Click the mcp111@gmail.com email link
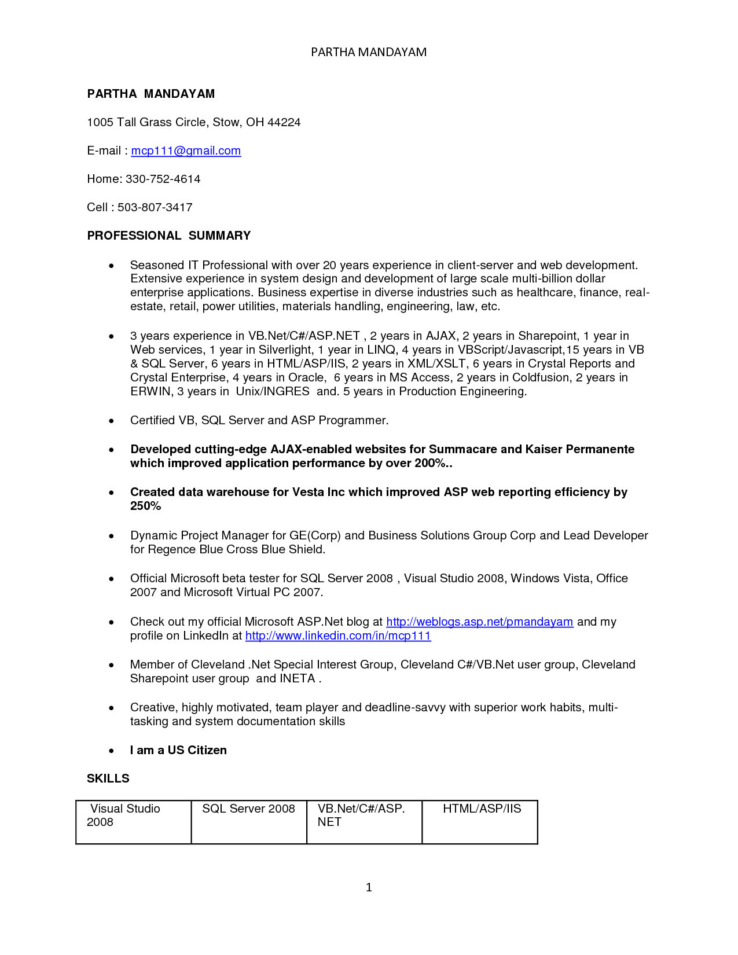tap(186, 150)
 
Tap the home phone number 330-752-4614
tap(163, 179)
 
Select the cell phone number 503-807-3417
tap(155, 207)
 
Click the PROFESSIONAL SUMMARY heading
tap(168, 236)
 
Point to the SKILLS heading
tap(108, 778)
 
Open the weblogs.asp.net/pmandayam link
tap(479, 622)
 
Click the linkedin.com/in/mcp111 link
tap(338, 636)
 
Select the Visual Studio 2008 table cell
tap(133, 822)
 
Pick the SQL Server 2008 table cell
tap(248, 822)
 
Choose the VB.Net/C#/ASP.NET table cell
tap(364, 822)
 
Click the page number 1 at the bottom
tap(369, 887)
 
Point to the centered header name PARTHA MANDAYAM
tap(369, 52)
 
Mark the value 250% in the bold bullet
tap(145, 506)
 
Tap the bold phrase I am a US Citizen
tap(178, 750)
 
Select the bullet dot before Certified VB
tap(111, 421)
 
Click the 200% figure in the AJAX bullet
tap(430, 463)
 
